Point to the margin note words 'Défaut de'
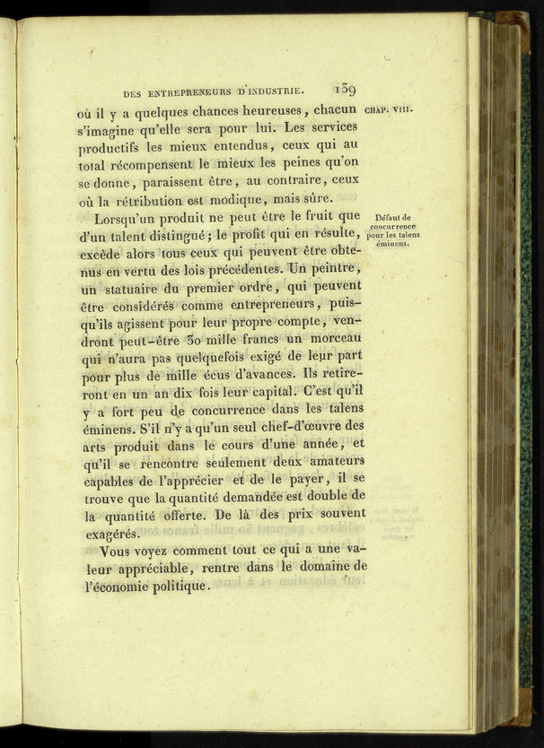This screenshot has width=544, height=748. [393, 217]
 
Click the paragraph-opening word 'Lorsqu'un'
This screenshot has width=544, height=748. [134, 217]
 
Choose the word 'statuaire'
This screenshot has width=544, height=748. [132, 288]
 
